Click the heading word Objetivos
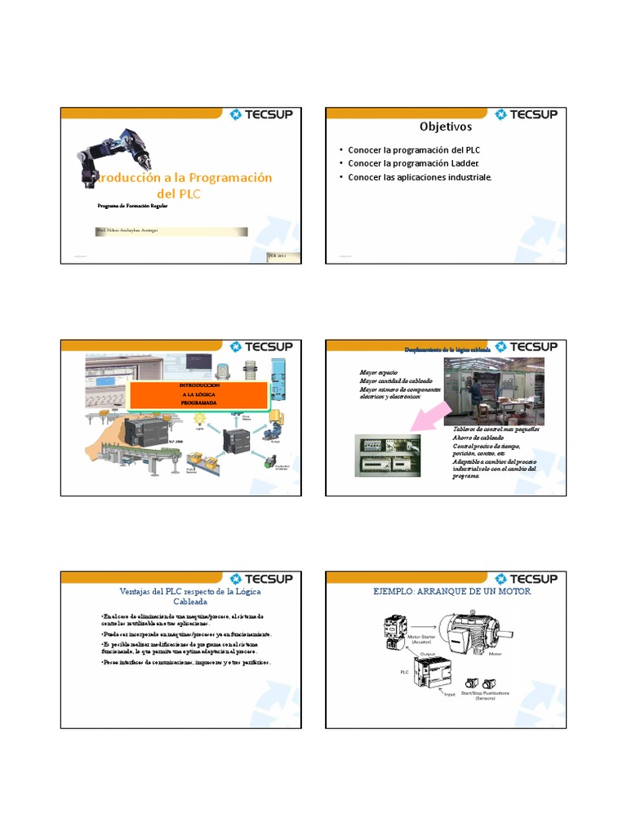coord(445,127)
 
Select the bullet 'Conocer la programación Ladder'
coord(412,164)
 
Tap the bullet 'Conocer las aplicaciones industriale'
coord(420,177)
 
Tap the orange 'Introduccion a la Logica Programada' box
coord(198,393)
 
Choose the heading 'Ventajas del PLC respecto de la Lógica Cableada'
coord(180,596)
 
